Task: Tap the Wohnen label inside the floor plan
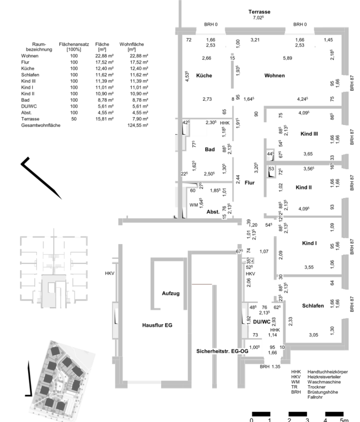click(274, 76)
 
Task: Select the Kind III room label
click(309, 134)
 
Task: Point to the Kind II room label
click(304, 187)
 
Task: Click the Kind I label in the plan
click(309, 243)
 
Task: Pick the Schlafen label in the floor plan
click(313, 306)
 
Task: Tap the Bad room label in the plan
click(210, 149)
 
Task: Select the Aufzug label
click(171, 293)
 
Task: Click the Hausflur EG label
click(157, 326)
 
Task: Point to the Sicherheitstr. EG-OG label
click(222, 351)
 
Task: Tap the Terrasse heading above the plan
click(259, 12)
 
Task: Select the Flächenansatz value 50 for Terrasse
click(74, 119)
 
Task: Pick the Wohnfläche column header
click(132, 44)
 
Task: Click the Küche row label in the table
click(27, 69)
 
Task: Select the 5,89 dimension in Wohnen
click(288, 58)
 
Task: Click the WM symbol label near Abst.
click(193, 205)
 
